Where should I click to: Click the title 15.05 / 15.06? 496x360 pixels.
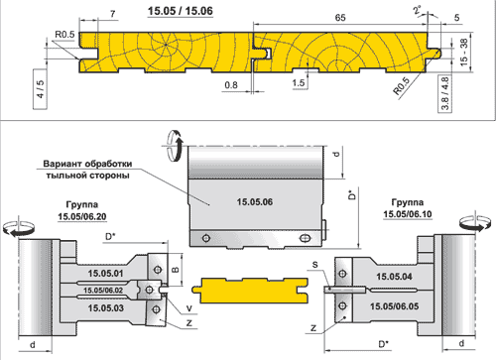click(181, 11)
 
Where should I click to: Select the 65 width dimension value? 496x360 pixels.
click(340, 18)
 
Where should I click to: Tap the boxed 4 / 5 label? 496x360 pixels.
click(40, 89)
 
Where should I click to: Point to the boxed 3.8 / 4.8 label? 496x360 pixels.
click(445, 93)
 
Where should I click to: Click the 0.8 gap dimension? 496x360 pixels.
click(231, 85)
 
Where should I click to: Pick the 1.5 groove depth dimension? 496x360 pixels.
click(299, 82)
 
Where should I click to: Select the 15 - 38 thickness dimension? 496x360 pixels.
click(464, 52)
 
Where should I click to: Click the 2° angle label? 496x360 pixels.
click(418, 10)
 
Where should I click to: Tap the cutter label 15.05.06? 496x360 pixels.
click(255, 201)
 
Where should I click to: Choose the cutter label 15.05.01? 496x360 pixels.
click(105, 274)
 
